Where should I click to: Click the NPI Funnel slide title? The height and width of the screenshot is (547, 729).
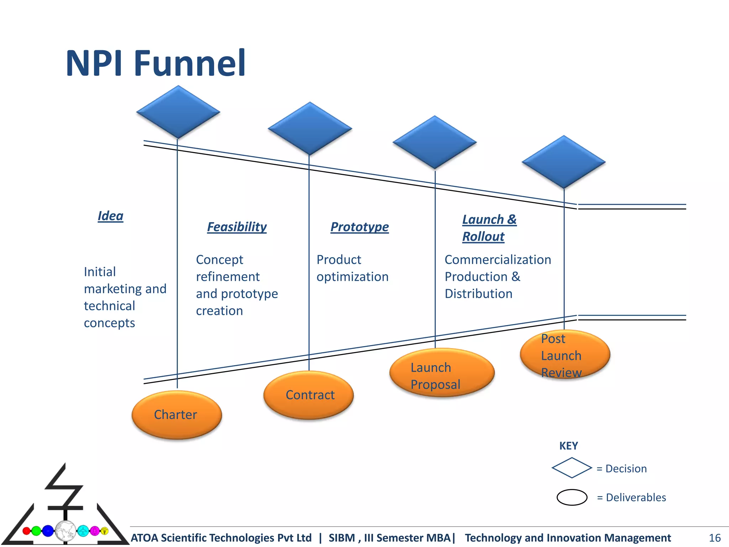(x=156, y=63)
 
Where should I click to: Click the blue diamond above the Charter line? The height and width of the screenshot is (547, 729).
(x=178, y=112)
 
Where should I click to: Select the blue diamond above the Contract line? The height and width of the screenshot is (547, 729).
(x=310, y=129)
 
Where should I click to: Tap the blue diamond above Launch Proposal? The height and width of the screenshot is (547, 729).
(x=434, y=142)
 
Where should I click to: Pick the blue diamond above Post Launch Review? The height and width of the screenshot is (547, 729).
(x=563, y=162)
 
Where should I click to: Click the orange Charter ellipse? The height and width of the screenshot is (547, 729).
(x=177, y=415)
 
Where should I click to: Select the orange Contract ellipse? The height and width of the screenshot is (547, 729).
(x=309, y=395)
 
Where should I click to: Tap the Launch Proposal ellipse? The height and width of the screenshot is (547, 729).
(x=442, y=373)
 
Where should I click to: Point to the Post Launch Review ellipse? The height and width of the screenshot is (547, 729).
(x=565, y=355)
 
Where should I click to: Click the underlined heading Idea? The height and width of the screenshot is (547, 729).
(x=110, y=216)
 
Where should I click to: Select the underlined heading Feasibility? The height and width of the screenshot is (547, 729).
(x=237, y=227)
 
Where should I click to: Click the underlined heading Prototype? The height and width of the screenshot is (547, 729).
(x=360, y=227)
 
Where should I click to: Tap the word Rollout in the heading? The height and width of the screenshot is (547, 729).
(x=483, y=237)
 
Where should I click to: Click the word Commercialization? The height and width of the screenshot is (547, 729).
(x=498, y=260)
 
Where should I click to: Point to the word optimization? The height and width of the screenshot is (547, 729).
(x=352, y=277)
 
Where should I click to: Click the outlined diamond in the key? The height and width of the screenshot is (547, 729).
(x=572, y=468)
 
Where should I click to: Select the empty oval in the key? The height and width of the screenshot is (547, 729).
(x=572, y=497)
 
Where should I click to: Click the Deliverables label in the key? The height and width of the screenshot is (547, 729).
(x=636, y=497)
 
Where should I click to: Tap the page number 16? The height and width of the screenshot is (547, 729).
(x=714, y=538)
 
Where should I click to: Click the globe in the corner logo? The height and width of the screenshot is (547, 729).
(x=65, y=531)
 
